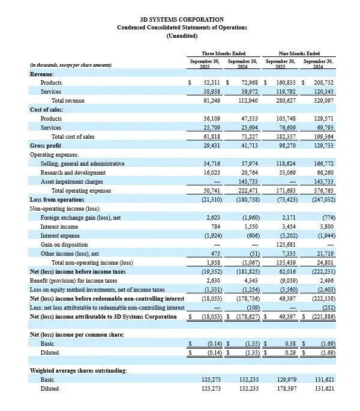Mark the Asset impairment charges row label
pyautogui.click(x=71, y=181)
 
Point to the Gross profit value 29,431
pyautogui.click(x=214, y=146)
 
